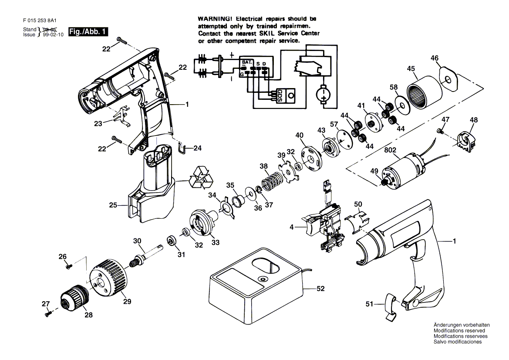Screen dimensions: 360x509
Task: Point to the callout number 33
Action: [x=216, y=242]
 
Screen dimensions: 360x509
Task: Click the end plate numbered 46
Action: [x=450, y=80]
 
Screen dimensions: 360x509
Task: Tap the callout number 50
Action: [x=358, y=204]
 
